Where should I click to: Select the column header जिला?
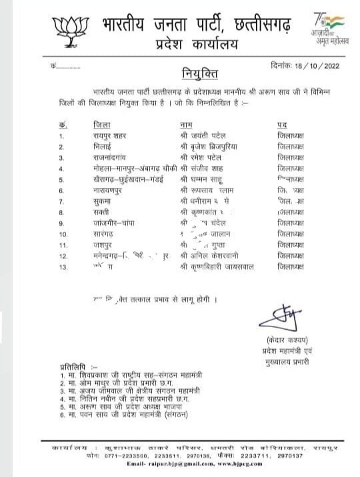[x=85, y=125]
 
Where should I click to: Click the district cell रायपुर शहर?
[x=96, y=136]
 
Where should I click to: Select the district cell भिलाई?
[x=87, y=147]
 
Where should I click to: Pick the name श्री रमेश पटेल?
[x=202, y=157]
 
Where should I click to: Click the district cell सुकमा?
[x=86, y=201]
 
